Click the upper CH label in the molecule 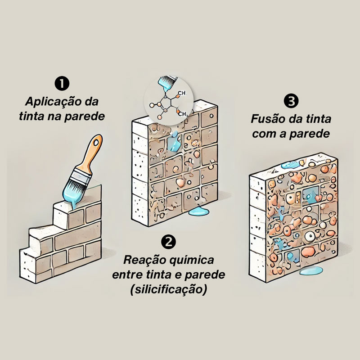pos(181,94)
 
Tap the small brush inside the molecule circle pos(168,83)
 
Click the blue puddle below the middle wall pos(198,212)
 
